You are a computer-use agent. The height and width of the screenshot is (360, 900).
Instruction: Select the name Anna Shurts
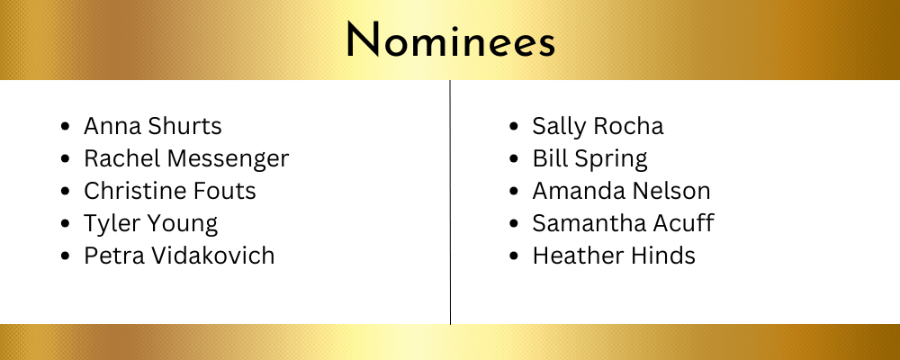click(153, 126)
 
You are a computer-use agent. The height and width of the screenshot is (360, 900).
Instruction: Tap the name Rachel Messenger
click(186, 159)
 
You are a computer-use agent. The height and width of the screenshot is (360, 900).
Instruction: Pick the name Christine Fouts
click(170, 191)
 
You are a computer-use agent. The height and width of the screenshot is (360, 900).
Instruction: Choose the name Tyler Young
click(151, 224)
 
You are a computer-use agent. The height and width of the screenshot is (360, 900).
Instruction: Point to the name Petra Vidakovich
click(179, 256)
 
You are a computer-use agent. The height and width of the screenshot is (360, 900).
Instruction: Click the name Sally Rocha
click(598, 126)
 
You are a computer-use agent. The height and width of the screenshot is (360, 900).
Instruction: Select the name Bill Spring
click(590, 159)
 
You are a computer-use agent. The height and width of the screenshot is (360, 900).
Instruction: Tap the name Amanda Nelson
click(621, 191)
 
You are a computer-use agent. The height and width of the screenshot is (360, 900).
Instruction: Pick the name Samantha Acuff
click(623, 223)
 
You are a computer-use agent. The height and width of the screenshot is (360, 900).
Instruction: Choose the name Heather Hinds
click(614, 256)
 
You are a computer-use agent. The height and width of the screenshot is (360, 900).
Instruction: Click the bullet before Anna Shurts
click(66, 126)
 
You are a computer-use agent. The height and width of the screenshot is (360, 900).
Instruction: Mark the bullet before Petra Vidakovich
click(66, 256)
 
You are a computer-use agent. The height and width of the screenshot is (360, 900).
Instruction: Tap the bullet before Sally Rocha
click(514, 126)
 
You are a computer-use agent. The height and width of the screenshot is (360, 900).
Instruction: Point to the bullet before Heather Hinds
click(514, 256)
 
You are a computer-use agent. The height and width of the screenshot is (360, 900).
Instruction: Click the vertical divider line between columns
click(450, 202)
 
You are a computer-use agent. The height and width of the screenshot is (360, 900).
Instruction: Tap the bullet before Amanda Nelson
click(514, 191)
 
